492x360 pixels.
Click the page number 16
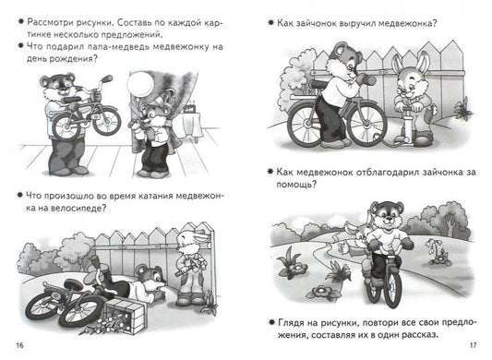[19, 345]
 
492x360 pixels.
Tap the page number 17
[473, 345]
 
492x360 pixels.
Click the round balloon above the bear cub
[140, 83]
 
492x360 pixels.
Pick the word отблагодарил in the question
[388, 173]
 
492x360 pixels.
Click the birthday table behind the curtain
[191, 125]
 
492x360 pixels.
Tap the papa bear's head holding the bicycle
[58, 85]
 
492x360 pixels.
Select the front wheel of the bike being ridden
[391, 286]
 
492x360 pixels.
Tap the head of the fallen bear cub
[150, 278]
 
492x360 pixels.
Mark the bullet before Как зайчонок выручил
[270, 22]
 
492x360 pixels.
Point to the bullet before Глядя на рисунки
[271, 322]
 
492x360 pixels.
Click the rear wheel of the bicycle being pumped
[306, 123]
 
